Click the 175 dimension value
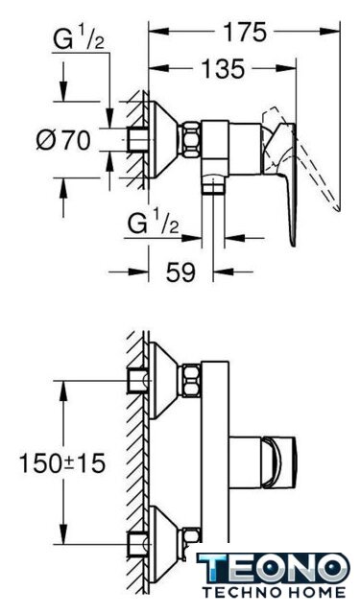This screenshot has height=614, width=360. click(245, 32)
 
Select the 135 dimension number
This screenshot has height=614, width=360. click(223, 68)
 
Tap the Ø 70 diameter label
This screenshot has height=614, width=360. click(63, 140)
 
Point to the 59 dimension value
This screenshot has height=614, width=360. click(180, 272)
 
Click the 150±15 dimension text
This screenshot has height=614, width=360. click(62, 462)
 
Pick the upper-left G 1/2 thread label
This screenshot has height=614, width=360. click(79, 40)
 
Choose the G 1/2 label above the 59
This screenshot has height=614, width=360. click(154, 224)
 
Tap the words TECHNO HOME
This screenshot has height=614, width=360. click(274, 592)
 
